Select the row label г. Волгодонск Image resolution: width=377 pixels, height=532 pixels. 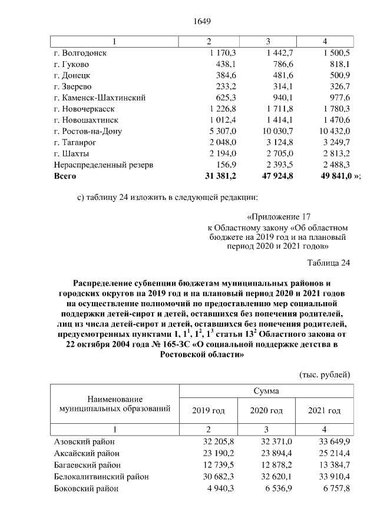[80, 53]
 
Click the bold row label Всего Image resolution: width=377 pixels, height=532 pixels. [65, 176]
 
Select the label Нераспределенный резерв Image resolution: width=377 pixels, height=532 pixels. [103, 165]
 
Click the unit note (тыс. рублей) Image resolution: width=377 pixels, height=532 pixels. [325, 374]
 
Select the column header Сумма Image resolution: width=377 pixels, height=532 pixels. [266, 391]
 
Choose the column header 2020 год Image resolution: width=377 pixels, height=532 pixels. [266, 410]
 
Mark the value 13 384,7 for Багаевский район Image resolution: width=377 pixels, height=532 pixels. [329, 465]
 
